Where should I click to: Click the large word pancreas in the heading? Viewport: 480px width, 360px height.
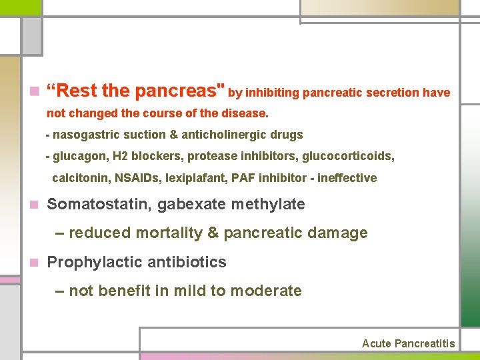click(179, 91)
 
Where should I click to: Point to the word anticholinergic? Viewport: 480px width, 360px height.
click(227, 135)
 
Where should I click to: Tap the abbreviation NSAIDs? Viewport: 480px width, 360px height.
click(133, 178)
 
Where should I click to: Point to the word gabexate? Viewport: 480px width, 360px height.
click(192, 204)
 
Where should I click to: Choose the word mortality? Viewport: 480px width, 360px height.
click(169, 233)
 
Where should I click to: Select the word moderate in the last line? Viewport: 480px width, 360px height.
click(268, 291)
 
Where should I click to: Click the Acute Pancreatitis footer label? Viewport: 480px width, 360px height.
click(408, 343)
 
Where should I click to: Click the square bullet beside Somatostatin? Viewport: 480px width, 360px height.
click(34, 205)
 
